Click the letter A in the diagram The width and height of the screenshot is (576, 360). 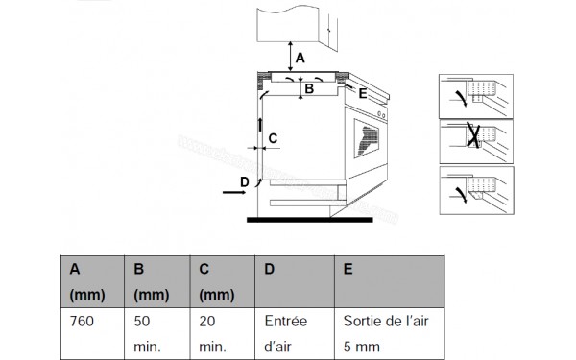coord(300,59)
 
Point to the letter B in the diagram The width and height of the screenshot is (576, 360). coord(308,89)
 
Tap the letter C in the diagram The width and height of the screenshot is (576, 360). coord(274,138)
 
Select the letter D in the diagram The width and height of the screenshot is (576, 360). coord(245,181)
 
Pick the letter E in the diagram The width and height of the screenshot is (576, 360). coord(363,93)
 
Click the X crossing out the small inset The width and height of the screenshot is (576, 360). coord(472,138)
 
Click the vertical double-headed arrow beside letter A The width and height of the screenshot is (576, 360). coord(290,57)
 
